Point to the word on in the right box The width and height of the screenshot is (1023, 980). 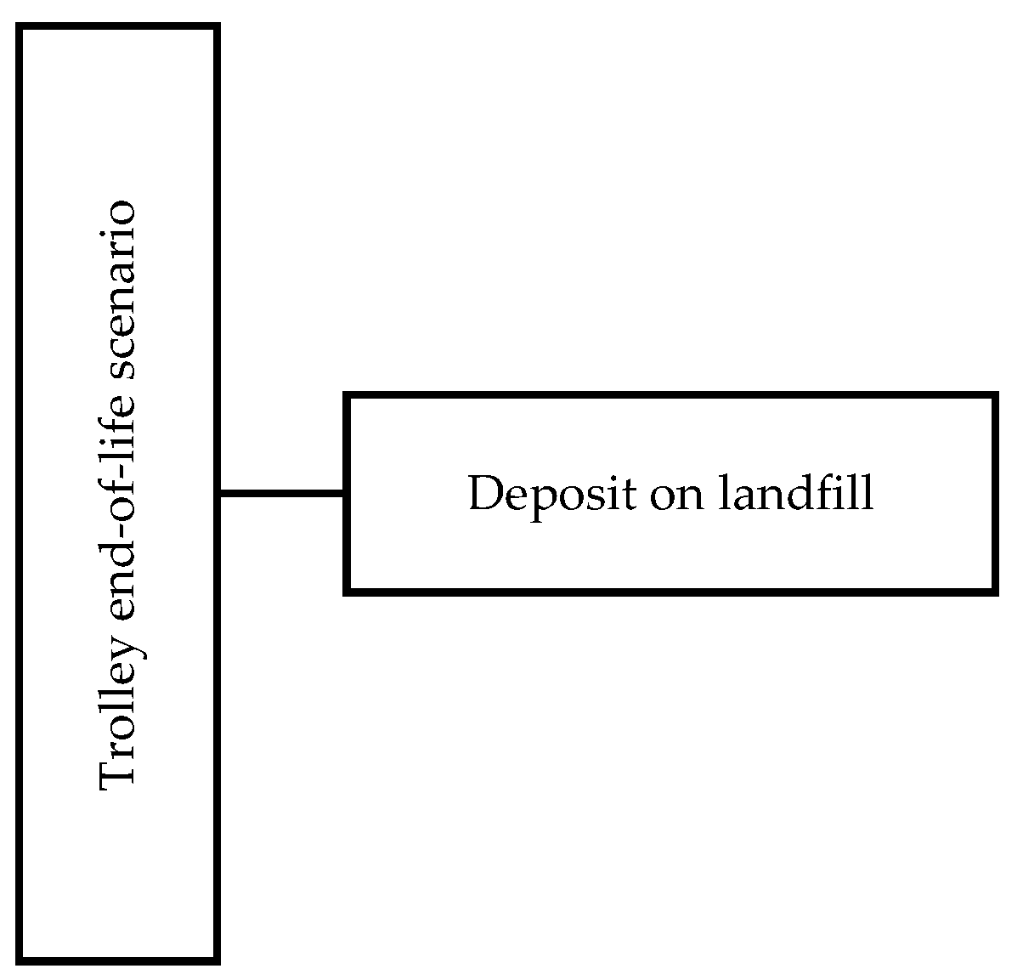[x=677, y=494]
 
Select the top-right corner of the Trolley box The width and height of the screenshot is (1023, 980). [x=218, y=27]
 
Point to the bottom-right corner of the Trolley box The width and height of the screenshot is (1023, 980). [x=218, y=961]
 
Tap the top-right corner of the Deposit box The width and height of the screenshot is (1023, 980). [x=995, y=396]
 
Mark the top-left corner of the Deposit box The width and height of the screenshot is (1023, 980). [x=347, y=396]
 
